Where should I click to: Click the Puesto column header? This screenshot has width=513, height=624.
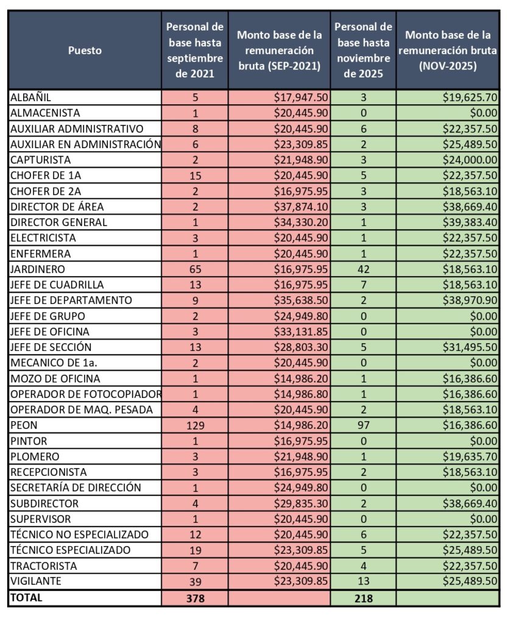pyautogui.click(x=85, y=51)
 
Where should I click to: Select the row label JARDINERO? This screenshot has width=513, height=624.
pyautogui.click(x=38, y=269)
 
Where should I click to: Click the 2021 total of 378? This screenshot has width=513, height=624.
pyautogui.click(x=195, y=598)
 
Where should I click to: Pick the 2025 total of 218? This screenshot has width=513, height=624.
pyautogui.click(x=363, y=598)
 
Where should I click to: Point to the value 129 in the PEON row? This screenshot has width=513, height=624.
pyautogui.click(x=195, y=425)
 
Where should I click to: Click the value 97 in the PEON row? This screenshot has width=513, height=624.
pyautogui.click(x=363, y=425)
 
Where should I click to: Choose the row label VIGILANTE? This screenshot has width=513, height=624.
pyautogui.click(x=36, y=581)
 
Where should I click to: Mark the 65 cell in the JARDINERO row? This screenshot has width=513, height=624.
pyautogui.click(x=195, y=269)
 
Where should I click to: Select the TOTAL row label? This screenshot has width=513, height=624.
pyautogui.click(x=27, y=598)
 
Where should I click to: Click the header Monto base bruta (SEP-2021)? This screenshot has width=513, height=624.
pyautogui.click(x=279, y=51)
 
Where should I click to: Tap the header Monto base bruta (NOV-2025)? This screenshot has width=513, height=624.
pyautogui.click(x=448, y=51)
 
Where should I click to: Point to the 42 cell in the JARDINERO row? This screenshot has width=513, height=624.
pyautogui.click(x=363, y=269)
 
